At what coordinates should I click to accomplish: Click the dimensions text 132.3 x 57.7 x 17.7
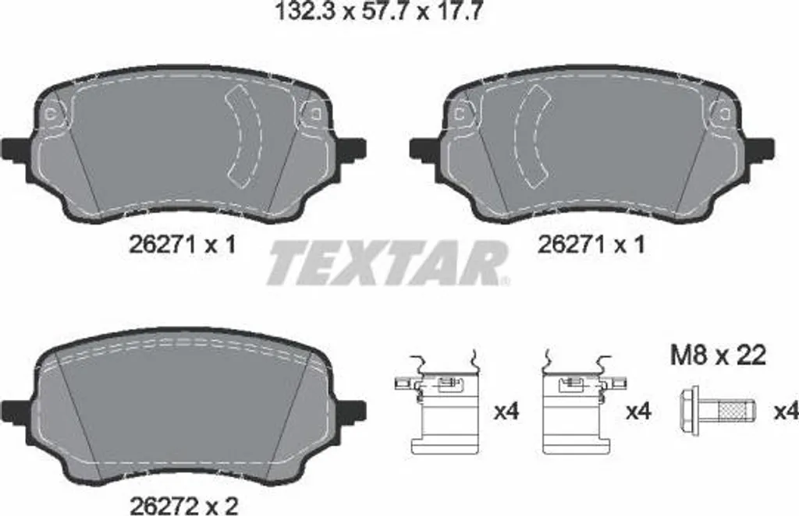378,11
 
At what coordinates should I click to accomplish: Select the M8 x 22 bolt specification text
718,355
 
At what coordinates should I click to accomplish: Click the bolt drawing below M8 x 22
718,412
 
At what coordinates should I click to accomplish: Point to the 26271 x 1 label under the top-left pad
182,245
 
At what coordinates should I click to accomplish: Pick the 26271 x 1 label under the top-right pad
591,244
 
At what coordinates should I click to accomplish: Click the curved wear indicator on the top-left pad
243,136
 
